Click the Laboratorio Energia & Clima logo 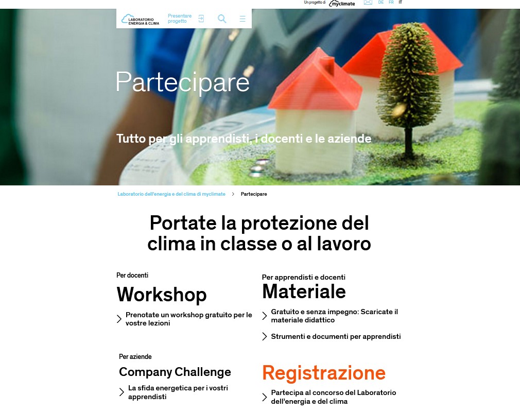tap(140, 19)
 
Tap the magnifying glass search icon tap(222, 19)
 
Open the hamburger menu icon tap(242, 19)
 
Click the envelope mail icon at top tap(368, 3)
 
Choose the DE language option tap(380, 3)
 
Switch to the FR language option tap(391, 3)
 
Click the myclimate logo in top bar tap(342, 3)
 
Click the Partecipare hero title tap(182, 82)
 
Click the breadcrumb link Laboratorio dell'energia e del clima tap(171, 194)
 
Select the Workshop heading tap(162, 295)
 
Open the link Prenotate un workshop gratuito tap(189, 319)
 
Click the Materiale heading tap(304, 291)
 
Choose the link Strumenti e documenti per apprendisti tap(336, 336)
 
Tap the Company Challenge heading tap(175, 372)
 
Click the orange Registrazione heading tap(324, 373)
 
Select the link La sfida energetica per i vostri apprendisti tap(178, 392)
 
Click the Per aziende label tap(135, 356)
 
